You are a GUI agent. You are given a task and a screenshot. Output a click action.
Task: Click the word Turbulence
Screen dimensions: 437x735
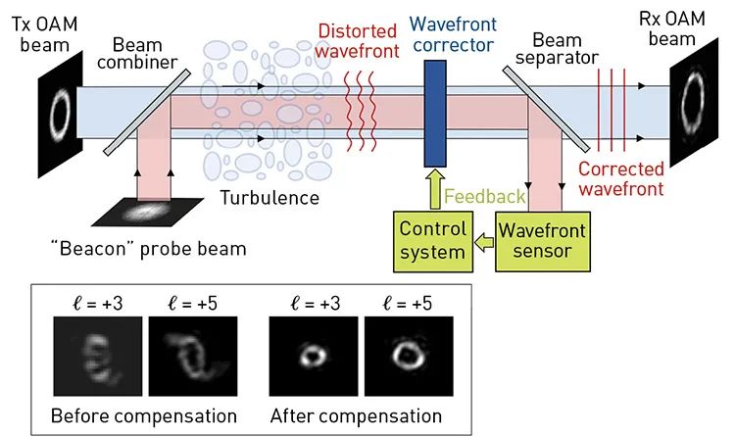click(x=269, y=198)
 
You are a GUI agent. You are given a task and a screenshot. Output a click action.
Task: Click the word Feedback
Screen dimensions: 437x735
click(x=485, y=196)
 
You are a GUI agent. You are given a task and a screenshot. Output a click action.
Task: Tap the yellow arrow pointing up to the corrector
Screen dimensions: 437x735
click(x=432, y=189)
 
